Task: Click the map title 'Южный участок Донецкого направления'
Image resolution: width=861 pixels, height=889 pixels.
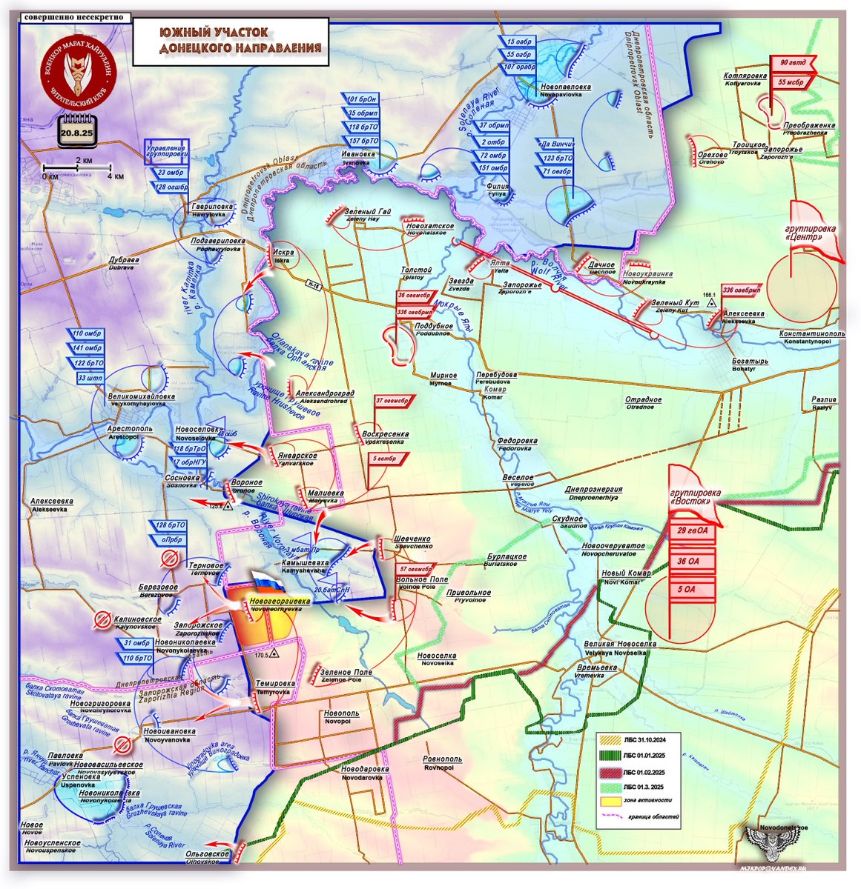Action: tap(231, 41)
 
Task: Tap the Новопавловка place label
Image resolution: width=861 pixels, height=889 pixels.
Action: tap(565, 87)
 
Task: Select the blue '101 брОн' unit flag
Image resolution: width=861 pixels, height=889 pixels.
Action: tap(363, 99)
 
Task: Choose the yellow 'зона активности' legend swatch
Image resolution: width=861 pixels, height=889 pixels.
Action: tap(609, 801)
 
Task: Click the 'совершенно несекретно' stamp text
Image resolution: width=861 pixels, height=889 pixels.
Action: tap(73, 17)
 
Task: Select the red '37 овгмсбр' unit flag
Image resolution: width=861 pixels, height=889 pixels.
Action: tap(393, 401)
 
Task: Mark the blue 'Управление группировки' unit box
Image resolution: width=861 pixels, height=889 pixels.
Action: tap(166, 151)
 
